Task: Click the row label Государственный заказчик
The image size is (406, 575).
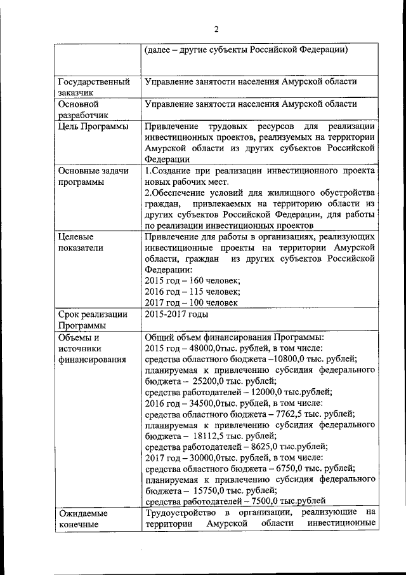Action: (94, 87)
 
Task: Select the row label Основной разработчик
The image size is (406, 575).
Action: (83, 109)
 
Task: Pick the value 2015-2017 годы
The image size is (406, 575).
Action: (176, 314)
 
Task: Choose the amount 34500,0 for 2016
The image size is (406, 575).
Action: (208, 403)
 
